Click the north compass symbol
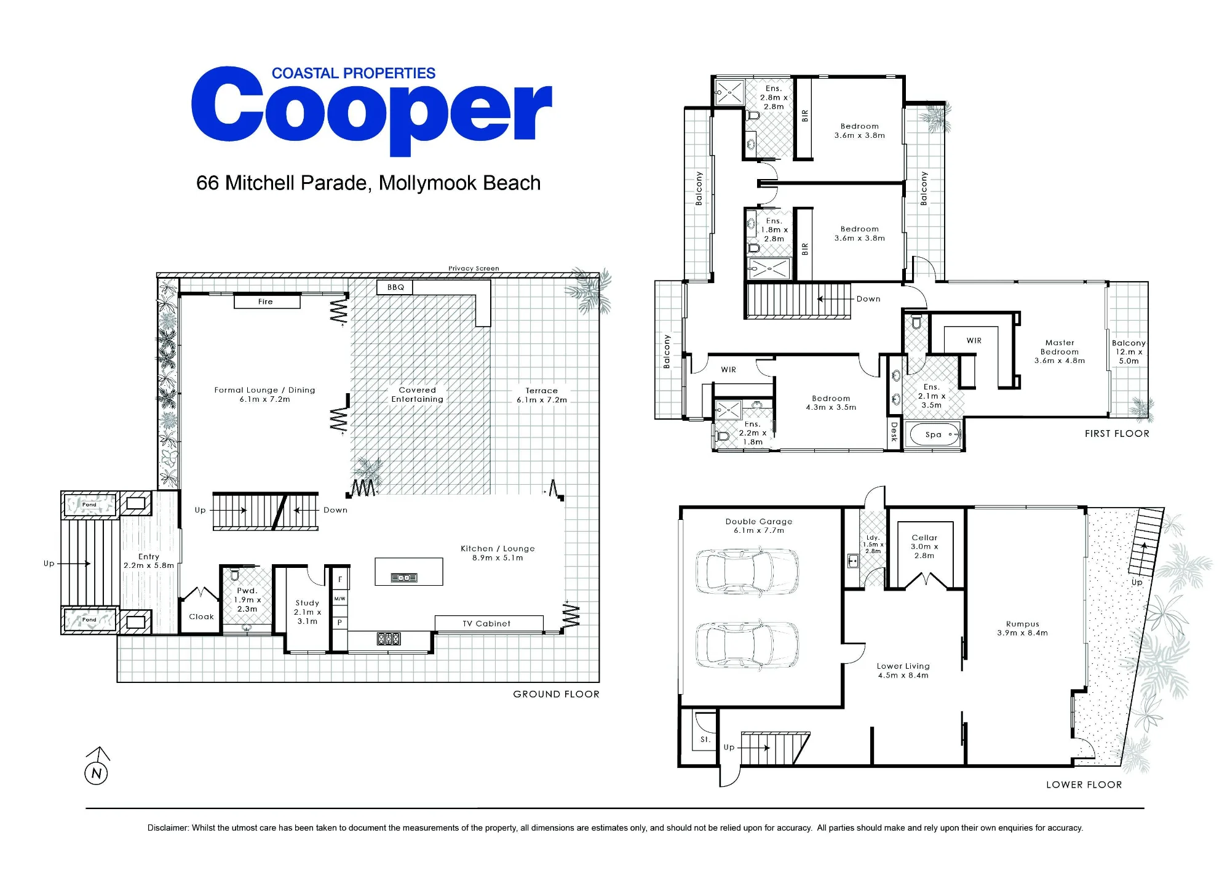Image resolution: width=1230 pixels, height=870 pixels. pos(97,767)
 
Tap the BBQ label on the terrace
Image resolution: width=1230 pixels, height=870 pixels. pos(395,287)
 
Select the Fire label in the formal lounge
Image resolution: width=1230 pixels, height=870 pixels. pos(265,301)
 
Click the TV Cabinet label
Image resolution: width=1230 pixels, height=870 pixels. pos(486,623)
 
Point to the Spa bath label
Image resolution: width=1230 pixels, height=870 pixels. pos(934,434)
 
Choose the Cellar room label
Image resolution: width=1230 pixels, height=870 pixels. pos(924,537)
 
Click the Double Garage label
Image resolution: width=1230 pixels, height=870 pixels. pos(759,521)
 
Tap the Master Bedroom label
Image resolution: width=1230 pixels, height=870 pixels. pos(1060,347)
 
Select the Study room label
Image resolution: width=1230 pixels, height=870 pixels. pos(307,603)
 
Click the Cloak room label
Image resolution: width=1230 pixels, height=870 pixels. pos(202,617)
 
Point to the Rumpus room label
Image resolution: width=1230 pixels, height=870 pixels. pos(1023,624)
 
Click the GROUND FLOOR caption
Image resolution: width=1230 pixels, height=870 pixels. pos(556,694)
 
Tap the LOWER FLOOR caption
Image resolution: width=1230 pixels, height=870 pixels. pos(1084,784)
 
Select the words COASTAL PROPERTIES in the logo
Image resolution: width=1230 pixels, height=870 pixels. pos(354,73)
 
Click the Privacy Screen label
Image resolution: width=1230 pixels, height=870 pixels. pos(474,268)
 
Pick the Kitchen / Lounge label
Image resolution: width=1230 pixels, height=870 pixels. pos(498,548)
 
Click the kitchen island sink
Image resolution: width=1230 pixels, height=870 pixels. pos(404,578)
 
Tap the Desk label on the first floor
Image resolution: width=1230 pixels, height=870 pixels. pos(894,431)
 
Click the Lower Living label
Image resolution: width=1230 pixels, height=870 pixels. pos(903,666)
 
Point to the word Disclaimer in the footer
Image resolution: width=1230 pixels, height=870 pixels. pos(167,828)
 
